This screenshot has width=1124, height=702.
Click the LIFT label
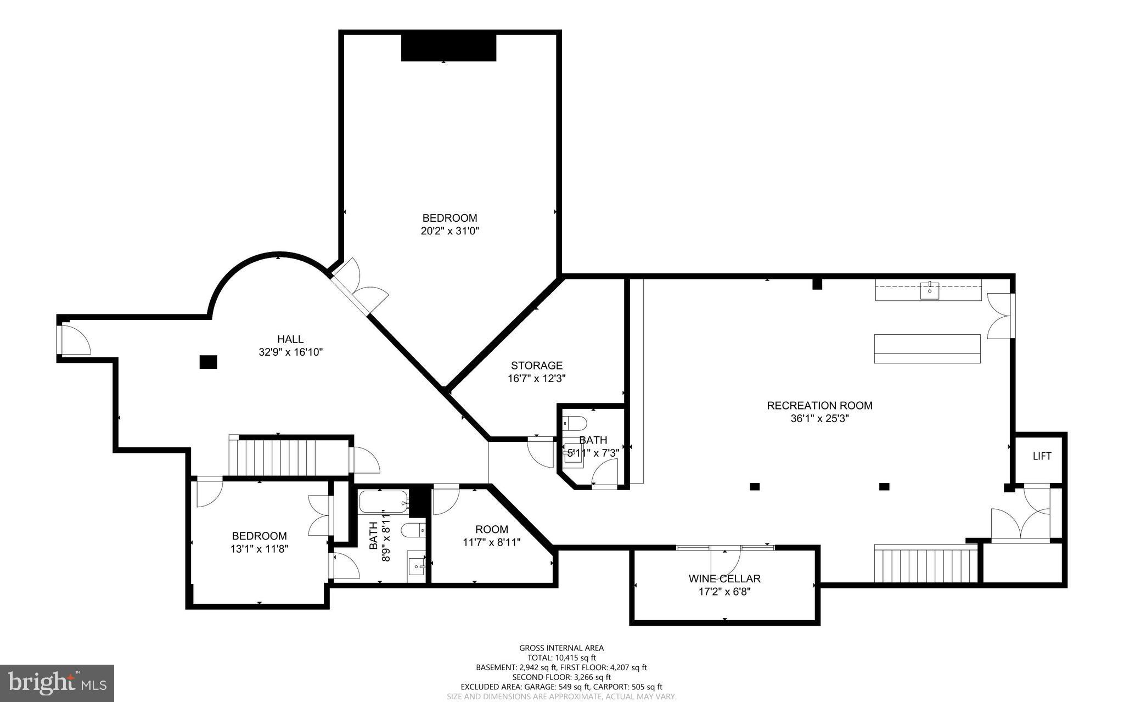1042,456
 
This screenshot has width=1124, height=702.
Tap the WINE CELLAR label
724,579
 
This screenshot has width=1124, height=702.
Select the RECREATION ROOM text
819,406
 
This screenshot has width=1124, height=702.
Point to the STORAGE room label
536,366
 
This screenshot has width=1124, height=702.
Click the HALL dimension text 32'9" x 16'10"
290,352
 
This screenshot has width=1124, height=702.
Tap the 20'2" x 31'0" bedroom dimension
449,231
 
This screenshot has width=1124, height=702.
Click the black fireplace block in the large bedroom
448,48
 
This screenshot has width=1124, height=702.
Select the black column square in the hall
208,362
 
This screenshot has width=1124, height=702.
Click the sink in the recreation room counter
929,290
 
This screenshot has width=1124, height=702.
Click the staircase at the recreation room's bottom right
926,563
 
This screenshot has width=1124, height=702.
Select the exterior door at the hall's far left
73,339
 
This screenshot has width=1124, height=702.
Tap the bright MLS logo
57,683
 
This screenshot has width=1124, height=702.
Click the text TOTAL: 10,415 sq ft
561,658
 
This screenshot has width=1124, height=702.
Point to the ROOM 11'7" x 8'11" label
491,536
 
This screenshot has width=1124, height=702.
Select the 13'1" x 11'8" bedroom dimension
259,548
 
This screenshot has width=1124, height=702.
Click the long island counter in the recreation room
927,349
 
